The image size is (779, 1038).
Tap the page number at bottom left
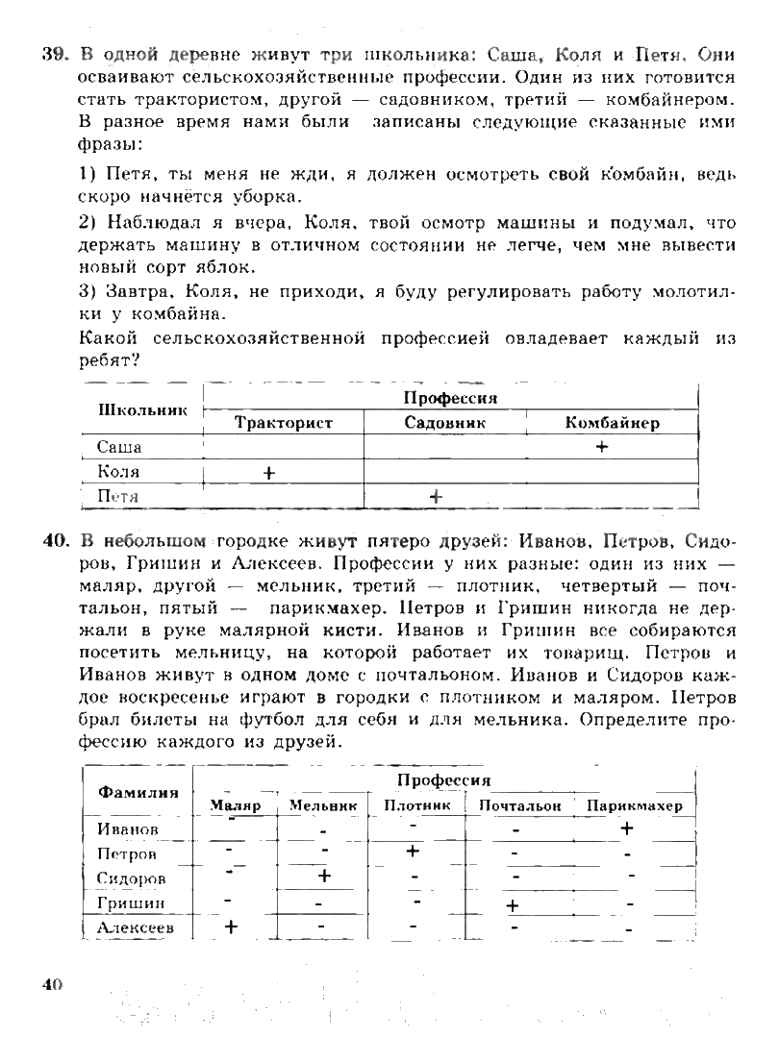coord(51,983)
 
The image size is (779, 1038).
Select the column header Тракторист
coord(283,423)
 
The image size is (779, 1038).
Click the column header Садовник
coord(444,423)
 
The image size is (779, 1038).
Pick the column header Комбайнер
coord(612,423)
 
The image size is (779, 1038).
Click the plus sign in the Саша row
coord(602,447)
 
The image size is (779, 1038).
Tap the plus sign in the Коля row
coord(268,472)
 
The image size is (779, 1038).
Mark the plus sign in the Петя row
coord(436,496)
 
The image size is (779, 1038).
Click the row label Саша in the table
coord(119,447)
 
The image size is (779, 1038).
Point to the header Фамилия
coord(138,793)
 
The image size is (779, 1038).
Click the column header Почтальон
coord(519,806)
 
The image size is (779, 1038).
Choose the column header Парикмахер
coord(634,806)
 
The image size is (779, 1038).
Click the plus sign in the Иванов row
coord(628,828)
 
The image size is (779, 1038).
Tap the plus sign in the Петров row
coord(414,852)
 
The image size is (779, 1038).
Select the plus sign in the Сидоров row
coord(324,876)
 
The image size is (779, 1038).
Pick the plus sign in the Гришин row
coord(513,904)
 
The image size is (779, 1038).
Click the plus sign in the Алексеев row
coord(231,927)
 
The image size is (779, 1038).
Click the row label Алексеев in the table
coord(136,928)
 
